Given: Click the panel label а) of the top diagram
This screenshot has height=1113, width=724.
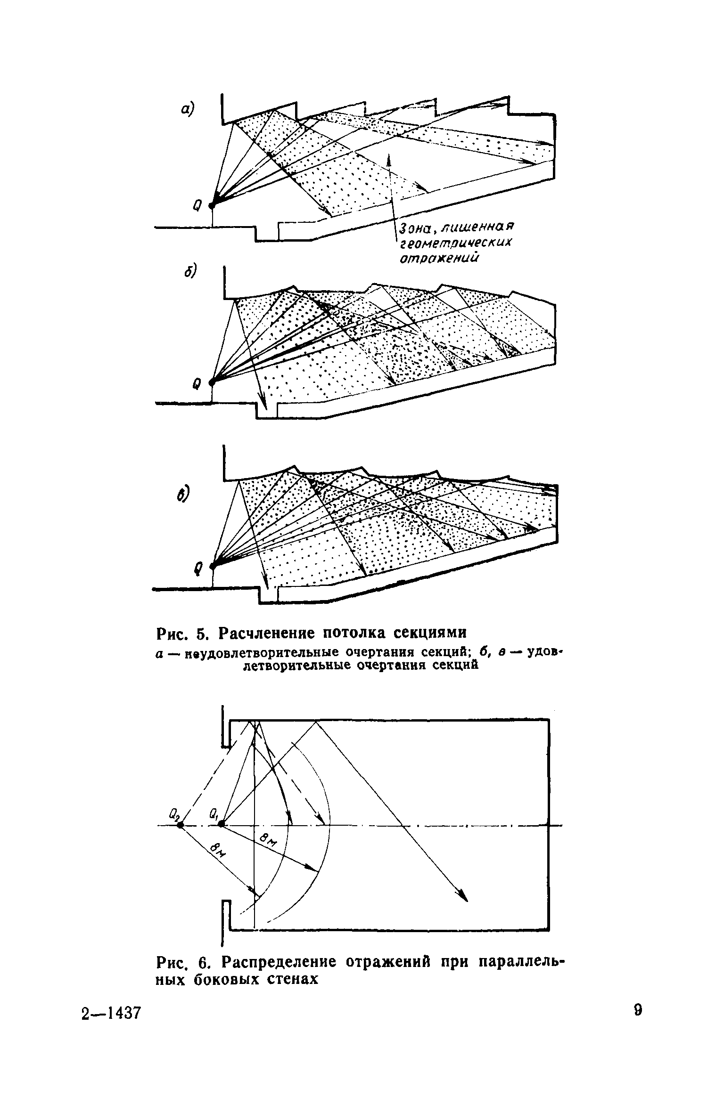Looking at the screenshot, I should tap(187, 109).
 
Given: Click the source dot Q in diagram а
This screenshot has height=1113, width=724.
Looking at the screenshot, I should tap(212, 205).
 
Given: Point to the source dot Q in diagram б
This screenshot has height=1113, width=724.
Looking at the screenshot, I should tap(212, 382).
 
